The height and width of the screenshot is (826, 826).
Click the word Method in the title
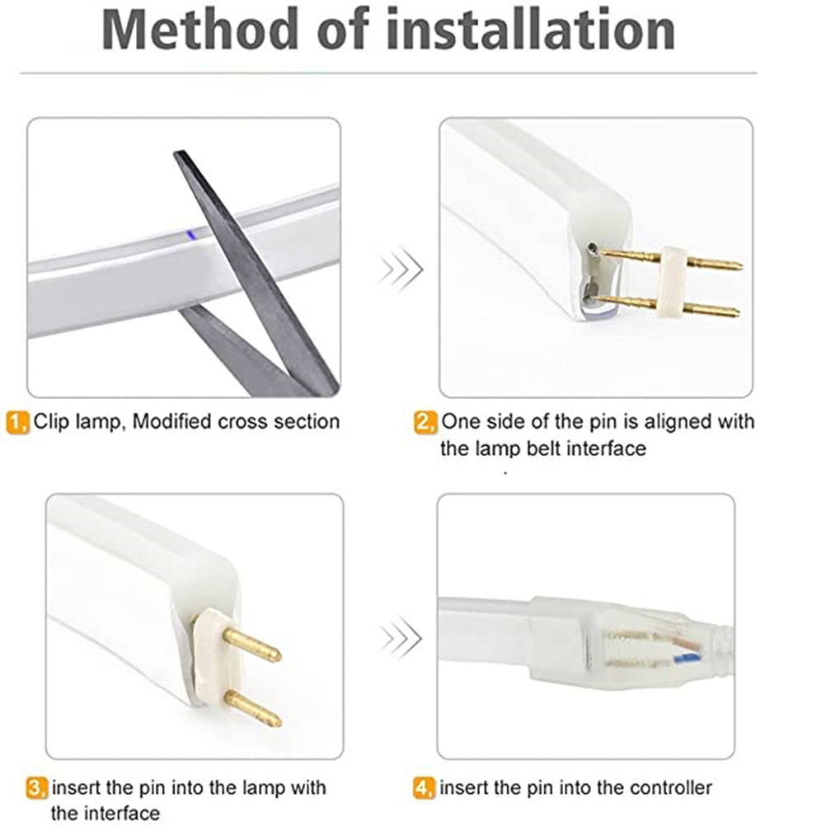200,30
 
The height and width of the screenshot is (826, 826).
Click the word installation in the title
531,30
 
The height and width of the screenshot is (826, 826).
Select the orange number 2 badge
425,423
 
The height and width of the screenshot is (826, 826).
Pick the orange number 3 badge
37,789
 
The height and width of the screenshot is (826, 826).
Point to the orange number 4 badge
425,789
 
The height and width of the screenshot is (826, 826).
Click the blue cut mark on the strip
191,234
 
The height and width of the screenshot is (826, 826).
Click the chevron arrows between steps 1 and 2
401,269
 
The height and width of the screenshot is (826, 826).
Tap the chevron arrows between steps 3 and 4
401,638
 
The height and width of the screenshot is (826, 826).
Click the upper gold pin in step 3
251,645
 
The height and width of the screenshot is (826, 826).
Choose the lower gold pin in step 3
253,709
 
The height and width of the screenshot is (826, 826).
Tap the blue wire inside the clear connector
687,657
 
